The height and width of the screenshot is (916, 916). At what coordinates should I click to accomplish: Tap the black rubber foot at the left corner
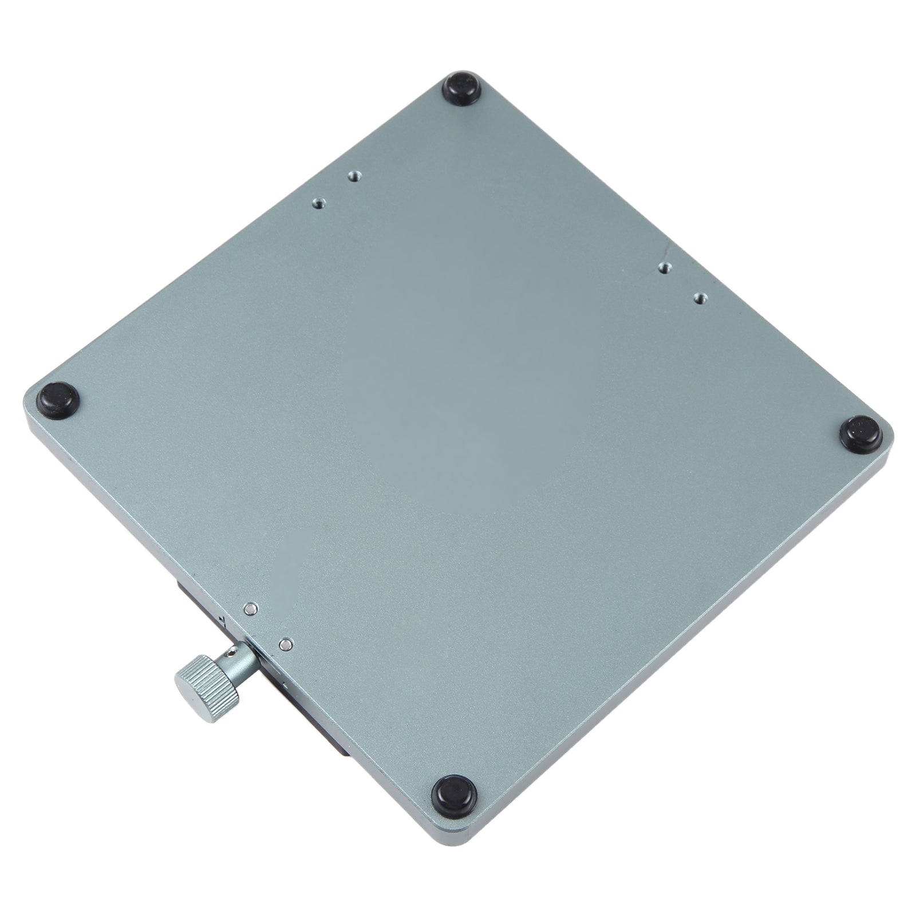click(58, 396)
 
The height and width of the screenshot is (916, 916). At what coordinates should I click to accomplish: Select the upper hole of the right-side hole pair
click(664, 268)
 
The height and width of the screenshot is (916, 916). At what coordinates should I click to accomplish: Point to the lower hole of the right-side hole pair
click(698, 298)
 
